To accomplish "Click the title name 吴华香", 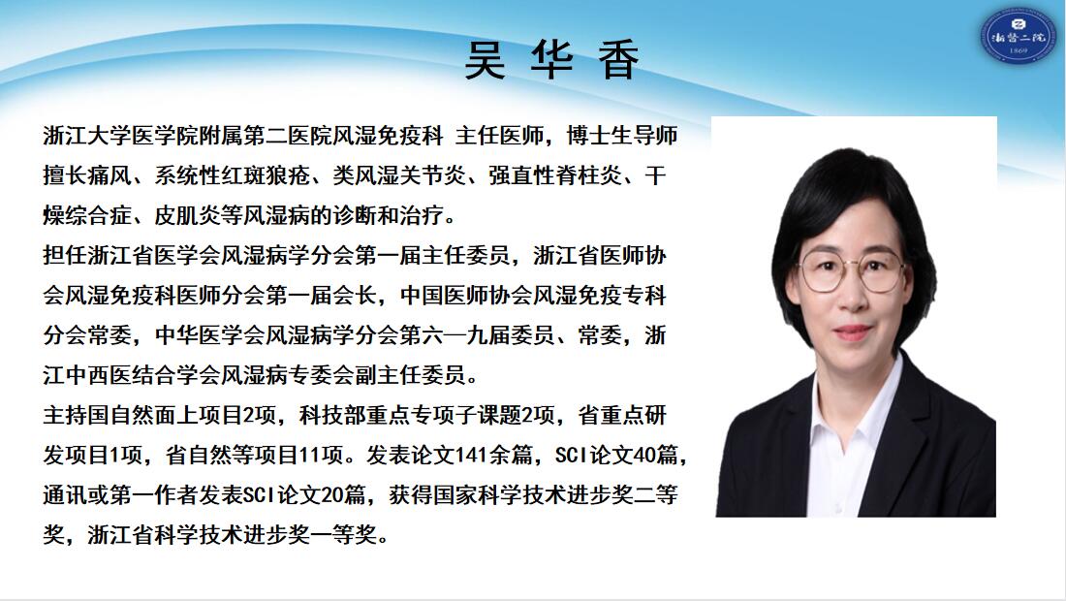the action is click(552, 60).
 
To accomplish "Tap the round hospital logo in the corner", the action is click(1018, 35).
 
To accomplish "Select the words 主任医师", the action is click(500, 136).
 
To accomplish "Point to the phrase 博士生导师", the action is click(622, 136).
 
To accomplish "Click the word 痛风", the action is click(110, 175).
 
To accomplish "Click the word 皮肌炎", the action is click(188, 215).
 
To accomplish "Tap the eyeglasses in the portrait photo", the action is click(851, 269).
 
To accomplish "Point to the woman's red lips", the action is click(853, 332).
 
